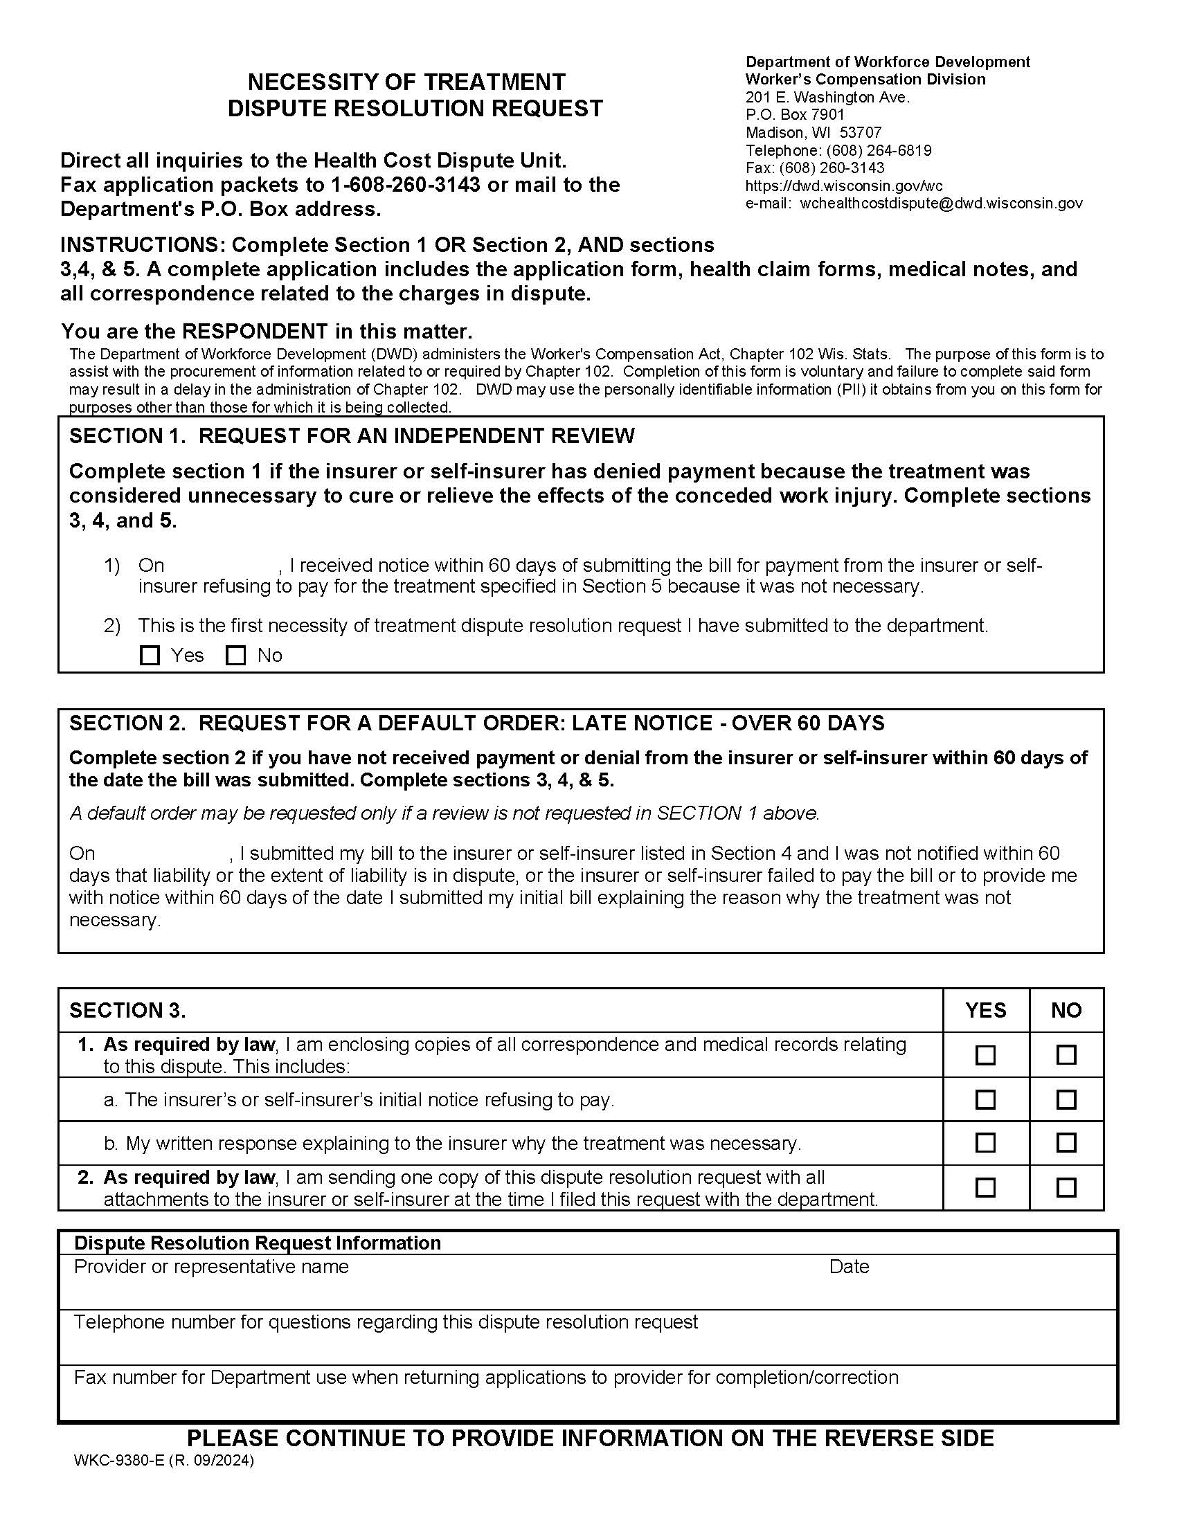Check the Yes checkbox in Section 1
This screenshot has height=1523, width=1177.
(150, 656)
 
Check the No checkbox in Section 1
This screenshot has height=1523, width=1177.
(236, 656)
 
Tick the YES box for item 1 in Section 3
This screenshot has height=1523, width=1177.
(985, 1055)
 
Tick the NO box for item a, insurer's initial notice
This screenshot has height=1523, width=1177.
(1066, 1100)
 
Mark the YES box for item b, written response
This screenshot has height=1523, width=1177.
(985, 1143)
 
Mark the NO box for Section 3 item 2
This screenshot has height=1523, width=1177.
(1066, 1187)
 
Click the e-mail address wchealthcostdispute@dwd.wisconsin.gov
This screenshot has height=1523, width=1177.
(941, 204)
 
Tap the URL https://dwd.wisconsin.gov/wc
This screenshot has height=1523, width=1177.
(844, 186)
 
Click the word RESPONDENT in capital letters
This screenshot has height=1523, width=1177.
(255, 330)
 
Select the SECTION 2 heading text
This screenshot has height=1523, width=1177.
(476, 723)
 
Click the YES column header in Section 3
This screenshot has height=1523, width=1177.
(985, 1011)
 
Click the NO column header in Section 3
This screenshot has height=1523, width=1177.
(1066, 1011)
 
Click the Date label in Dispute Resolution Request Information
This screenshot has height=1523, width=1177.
(849, 1266)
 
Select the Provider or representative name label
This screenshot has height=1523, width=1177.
(211, 1266)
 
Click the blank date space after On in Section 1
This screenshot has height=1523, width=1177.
(222, 566)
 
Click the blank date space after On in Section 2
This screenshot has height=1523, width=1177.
(162, 854)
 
